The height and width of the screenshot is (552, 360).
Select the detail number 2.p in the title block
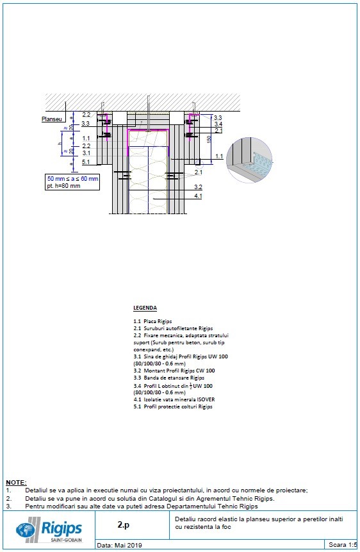[124, 524]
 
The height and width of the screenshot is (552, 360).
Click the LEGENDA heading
[145, 308]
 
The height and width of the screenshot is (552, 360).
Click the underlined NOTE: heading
[16, 481]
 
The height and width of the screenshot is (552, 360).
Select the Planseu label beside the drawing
[51, 119]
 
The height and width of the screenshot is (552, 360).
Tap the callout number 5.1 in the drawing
[86, 162]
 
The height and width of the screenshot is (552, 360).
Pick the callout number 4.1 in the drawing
[199, 196]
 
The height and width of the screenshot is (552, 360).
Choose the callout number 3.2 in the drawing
[199, 187]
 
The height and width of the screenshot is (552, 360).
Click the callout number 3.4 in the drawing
[218, 124]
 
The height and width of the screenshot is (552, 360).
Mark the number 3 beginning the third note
[8, 506]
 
